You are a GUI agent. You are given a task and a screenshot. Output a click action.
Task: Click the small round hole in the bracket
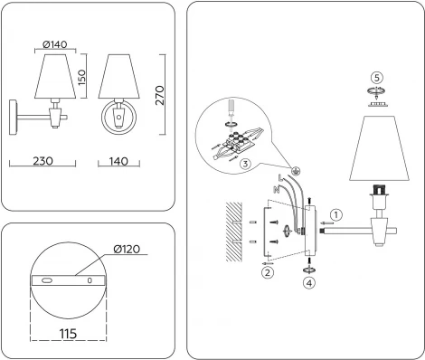[89, 280]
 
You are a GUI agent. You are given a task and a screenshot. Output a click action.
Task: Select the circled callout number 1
[335, 215]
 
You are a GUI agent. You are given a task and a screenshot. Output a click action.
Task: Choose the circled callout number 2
[267, 272]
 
